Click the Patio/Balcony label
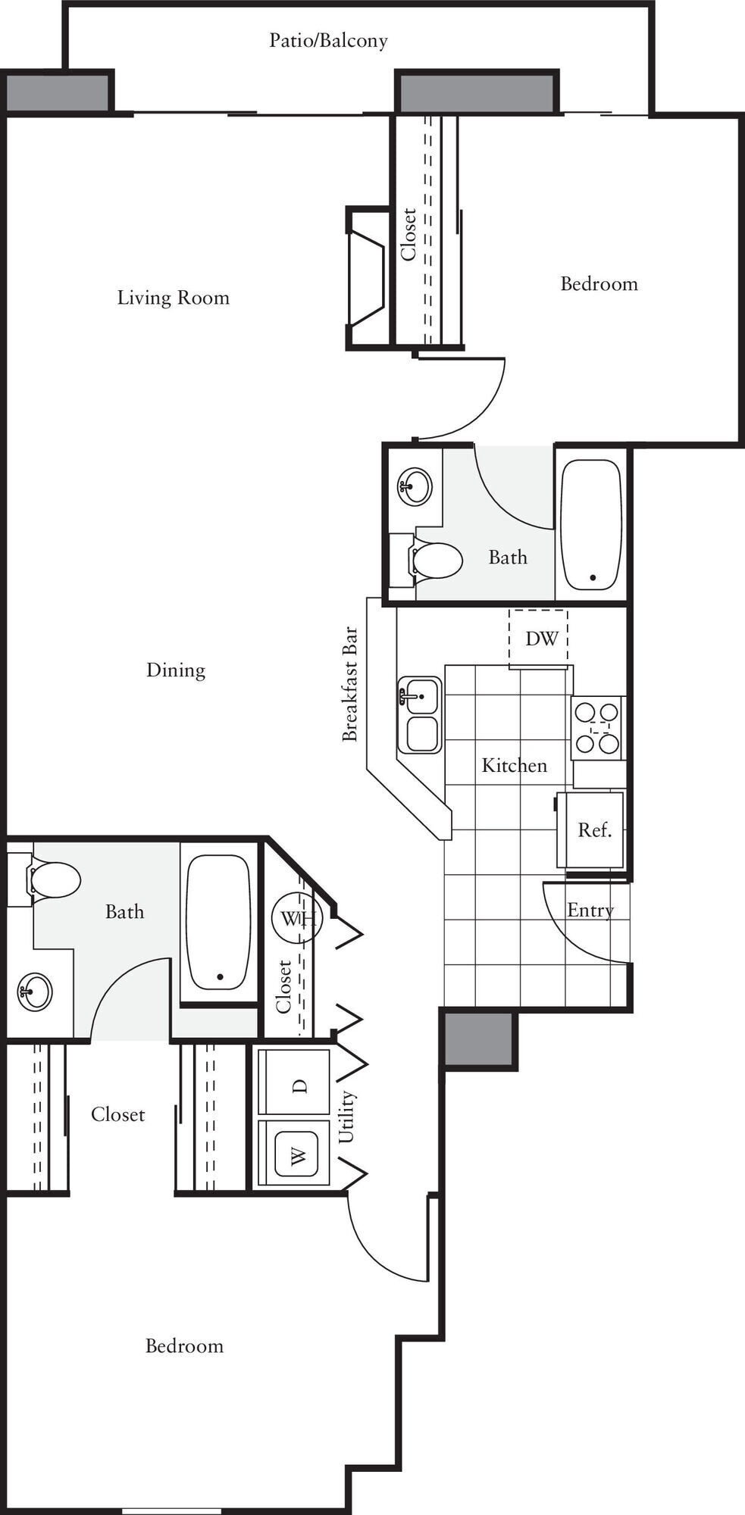click(x=328, y=40)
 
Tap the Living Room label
click(x=173, y=298)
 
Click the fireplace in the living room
click(x=367, y=278)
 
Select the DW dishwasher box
click(x=540, y=639)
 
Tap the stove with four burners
click(x=596, y=728)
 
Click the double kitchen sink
click(x=420, y=714)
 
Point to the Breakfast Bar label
click(x=349, y=683)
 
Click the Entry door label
click(x=590, y=911)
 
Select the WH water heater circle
click(x=297, y=919)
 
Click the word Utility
click(x=346, y=1117)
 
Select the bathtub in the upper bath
click(x=591, y=524)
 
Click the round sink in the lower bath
click(x=35, y=991)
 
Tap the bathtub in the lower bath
click(x=219, y=923)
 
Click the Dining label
click(x=176, y=670)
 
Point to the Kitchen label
click(x=514, y=766)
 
